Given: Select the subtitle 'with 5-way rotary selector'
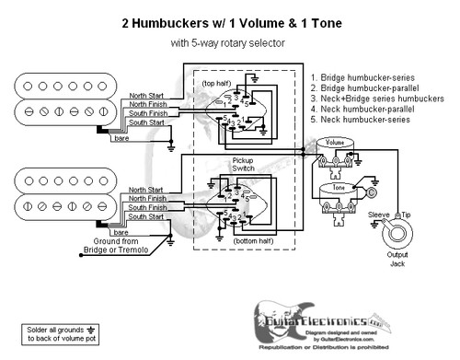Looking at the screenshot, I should click(229, 42).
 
